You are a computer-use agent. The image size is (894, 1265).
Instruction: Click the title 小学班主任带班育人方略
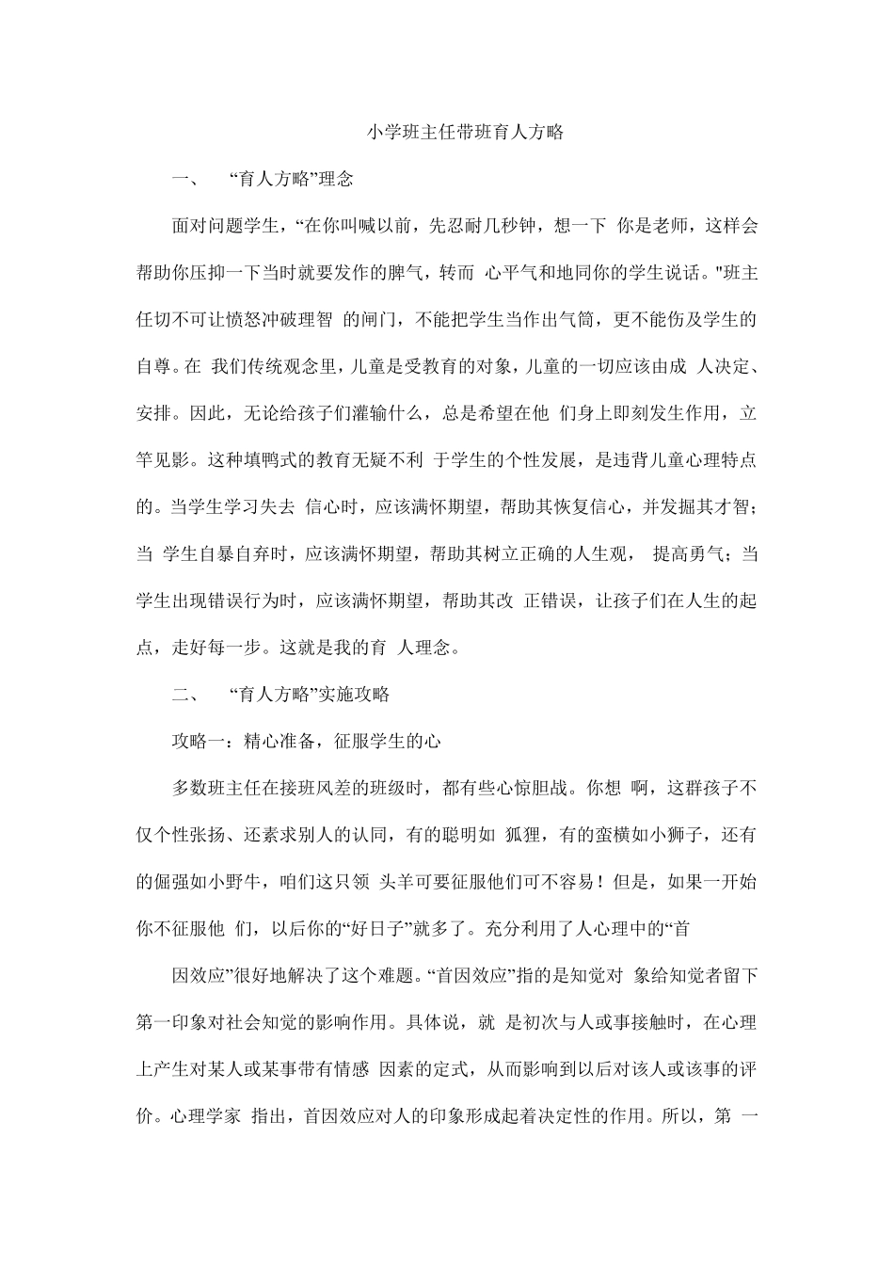(465, 132)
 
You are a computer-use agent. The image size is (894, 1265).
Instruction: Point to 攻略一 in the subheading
(198, 742)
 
